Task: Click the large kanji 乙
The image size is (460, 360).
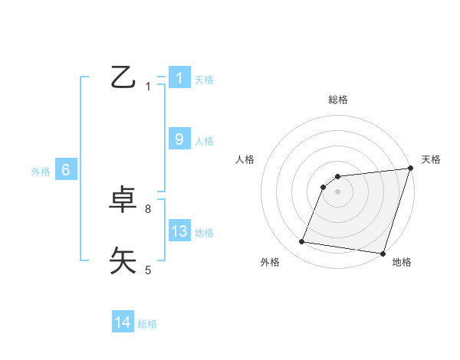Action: (123, 77)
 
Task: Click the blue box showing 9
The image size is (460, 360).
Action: (179, 139)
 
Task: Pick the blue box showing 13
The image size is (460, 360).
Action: (179, 231)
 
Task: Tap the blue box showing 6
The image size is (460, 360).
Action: (66, 170)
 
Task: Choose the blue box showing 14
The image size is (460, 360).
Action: (123, 322)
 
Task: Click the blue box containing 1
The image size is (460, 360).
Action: (179, 77)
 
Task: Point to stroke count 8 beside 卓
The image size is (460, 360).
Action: (148, 208)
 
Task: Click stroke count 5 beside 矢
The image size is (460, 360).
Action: (148, 270)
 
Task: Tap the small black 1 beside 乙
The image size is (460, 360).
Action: (148, 87)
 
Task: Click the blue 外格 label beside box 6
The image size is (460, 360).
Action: (41, 172)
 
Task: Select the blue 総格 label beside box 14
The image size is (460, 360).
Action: (147, 324)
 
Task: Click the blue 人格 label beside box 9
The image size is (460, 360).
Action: (204, 141)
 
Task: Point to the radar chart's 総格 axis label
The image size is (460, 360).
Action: (338, 100)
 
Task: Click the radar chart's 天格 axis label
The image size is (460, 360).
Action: (431, 159)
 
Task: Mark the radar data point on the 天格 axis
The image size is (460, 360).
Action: (410, 169)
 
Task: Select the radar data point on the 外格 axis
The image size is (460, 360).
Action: (302, 242)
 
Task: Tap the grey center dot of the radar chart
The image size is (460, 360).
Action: (338, 191)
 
